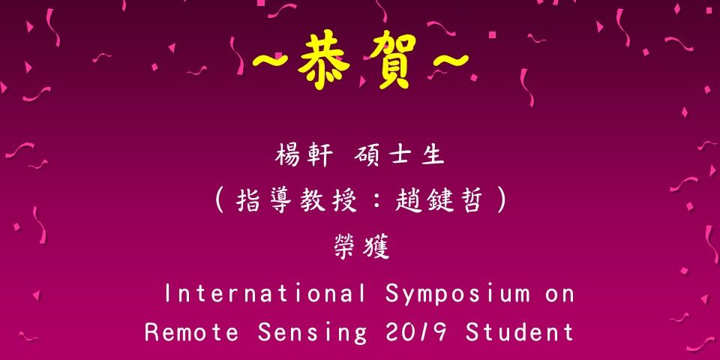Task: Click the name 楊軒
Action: (x=304, y=156)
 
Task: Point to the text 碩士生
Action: (x=400, y=156)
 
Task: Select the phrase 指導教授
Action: (x=297, y=201)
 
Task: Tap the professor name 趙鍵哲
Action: (x=439, y=201)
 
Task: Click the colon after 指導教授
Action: (x=377, y=202)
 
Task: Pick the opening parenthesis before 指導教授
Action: (x=220, y=202)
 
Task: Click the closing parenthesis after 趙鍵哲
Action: (x=501, y=202)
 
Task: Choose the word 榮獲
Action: (x=361, y=248)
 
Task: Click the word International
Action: (x=265, y=293)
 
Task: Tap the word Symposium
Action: (x=458, y=295)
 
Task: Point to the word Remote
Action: (x=192, y=331)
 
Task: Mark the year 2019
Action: (x=416, y=331)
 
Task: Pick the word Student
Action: (x=520, y=331)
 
